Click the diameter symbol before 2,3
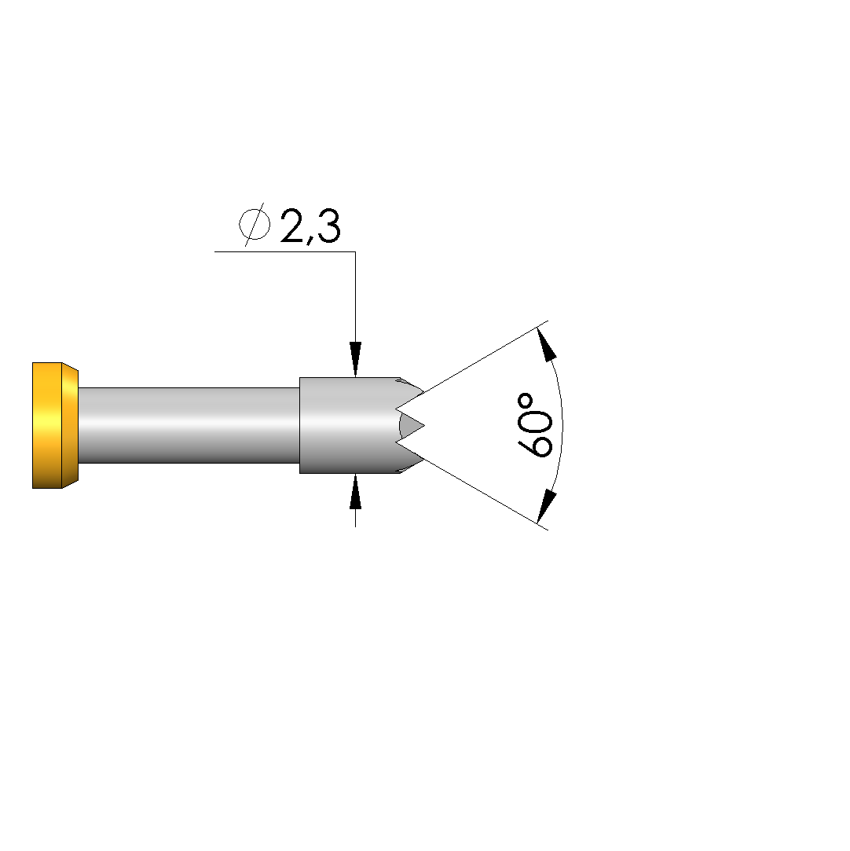point(255,225)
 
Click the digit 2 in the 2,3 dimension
point(293,226)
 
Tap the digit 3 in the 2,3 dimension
point(328,226)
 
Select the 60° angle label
point(535,426)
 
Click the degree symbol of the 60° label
point(526,402)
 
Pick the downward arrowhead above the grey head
point(355,359)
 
